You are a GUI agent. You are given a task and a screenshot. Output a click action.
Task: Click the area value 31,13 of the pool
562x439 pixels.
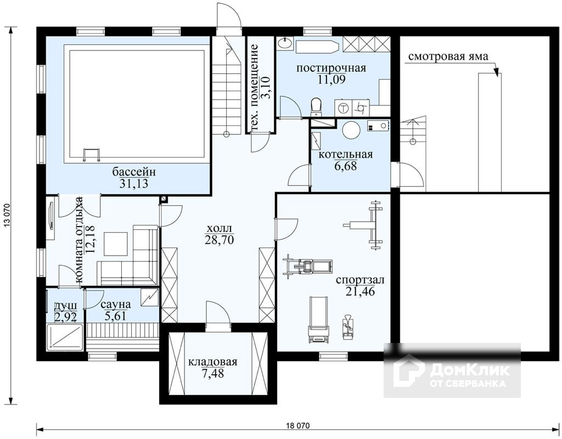pyautogui.click(x=134, y=184)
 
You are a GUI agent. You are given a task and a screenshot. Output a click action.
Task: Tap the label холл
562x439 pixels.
pyautogui.click(x=220, y=228)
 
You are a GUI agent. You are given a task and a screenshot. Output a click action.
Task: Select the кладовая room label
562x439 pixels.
pyautogui.click(x=213, y=362)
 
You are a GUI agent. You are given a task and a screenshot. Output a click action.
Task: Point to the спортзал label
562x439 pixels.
pyautogui.click(x=360, y=279)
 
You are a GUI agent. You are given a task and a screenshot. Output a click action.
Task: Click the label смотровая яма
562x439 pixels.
pyautogui.click(x=448, y=57)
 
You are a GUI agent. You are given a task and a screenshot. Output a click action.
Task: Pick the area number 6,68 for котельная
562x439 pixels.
pyautogui.click(x=345, y=166)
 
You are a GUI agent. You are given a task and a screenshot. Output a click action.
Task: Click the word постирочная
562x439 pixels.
pyautogui.click(x=331, y=68)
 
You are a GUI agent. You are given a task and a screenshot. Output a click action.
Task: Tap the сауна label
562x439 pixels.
pyautogui.click(x=115, y=305)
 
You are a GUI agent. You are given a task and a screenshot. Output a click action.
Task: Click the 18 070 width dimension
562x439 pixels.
pyautogui.click(x=298, y=426)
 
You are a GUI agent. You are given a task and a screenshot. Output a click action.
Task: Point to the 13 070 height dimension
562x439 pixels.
pyautogui.click(x=5, y=216)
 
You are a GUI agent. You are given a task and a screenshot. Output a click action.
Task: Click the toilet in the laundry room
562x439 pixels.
pyautogui.click(x=316, y=107)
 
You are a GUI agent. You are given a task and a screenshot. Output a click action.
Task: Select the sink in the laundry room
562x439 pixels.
pyautogui.click(x=285, y=43)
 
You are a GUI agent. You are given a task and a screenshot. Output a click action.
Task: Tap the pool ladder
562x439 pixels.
pyautogui.click(x=92, y=155)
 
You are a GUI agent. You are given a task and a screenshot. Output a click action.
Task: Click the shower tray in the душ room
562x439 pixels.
pyautogui.click(x=66, y=337)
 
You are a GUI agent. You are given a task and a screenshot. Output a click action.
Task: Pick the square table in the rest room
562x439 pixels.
pyautogui.click(x=115, y=244)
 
